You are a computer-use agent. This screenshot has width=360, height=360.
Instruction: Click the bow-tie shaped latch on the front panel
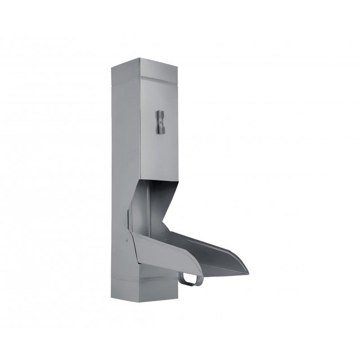[x=161, y=122]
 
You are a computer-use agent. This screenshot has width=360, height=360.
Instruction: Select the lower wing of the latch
[x=161, y=130]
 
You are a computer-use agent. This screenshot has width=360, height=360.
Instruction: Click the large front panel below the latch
[x=160, y=157]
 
